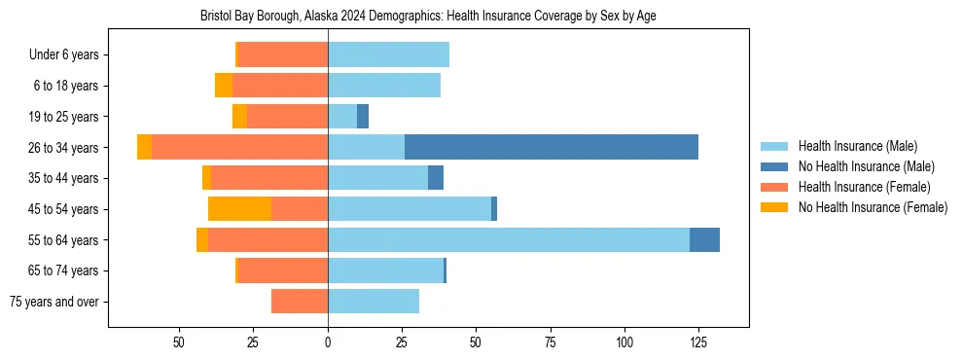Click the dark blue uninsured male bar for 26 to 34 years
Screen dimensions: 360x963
coord(551,147)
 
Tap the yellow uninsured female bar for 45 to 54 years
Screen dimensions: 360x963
coord(239,209)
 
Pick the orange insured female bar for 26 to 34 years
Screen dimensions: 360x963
coord(240,147)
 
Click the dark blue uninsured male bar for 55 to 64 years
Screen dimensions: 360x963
coord(704,239)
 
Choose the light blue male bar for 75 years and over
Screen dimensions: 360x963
coord(374,302)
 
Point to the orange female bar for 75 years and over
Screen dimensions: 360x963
coord(300,302)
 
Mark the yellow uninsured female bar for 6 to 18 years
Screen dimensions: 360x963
coord(224,86)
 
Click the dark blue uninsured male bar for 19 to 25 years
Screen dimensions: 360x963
coord(363,117)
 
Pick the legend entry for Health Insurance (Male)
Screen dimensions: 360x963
coord(857,146)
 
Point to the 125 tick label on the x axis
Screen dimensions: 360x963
coord(698,342)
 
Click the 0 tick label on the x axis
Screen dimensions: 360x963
coord(328,342)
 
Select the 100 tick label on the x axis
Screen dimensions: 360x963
coord(624,342)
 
